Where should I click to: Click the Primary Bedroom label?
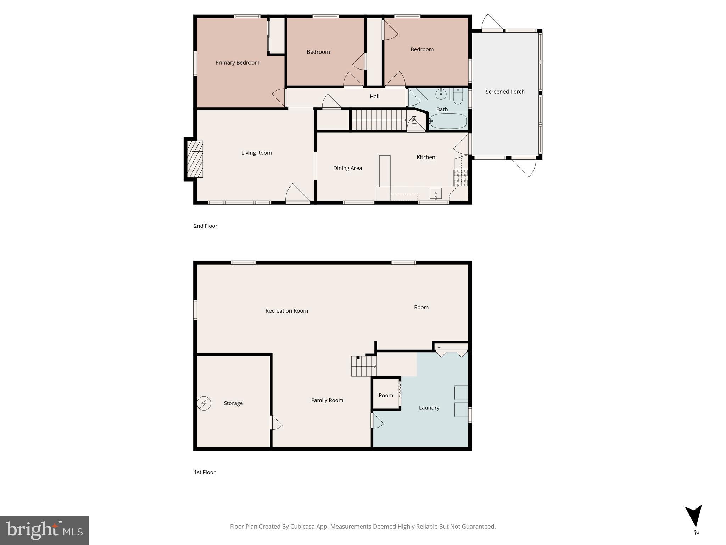[x=237, y=63]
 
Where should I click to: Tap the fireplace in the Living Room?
[x=195, y=159]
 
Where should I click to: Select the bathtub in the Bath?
[x=448, y=121]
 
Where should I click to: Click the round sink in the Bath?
[x=441, y=94]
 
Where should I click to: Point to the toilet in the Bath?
[x=458, y=96]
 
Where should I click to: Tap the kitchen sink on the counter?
[x=435, y=194]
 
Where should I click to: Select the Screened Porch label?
[x=505, y=92]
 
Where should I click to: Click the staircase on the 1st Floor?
[x=364, y=366]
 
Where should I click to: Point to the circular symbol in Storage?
[x=204, y=403]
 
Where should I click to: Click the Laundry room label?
[x=429, y=408]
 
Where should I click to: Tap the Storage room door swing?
[x=276, y=423]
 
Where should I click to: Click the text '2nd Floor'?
[x=205, y=226]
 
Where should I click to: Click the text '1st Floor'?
[x=205, y=472]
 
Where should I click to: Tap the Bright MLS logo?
[x=44, y=530]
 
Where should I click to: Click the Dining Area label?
[x=347, y=168]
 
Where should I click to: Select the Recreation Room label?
[x=286, y=311]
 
